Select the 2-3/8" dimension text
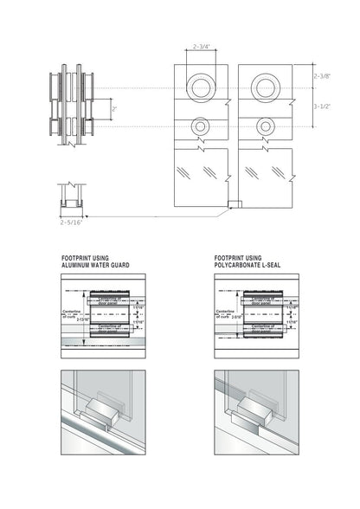[322, 76]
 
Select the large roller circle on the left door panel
[201, 87]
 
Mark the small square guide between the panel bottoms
[231, 205]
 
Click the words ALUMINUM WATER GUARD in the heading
[97, 265]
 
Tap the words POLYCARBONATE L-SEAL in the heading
[251, 265]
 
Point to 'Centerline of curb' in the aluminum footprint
[67, 313]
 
